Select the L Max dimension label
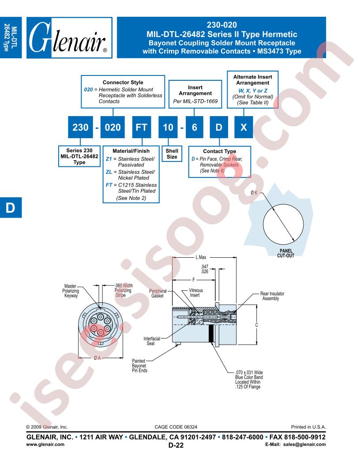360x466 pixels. click(x=203, y=257)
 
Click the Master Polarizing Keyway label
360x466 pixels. click(x=70, y=292)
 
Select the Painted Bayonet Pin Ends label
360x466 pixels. click(x=140, y=366)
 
